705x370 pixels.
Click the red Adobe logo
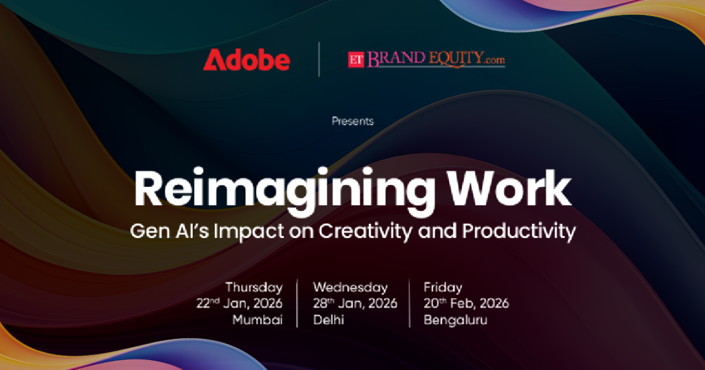pos(246,60)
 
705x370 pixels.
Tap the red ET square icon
pos(356,60)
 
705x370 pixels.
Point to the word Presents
pos(352,121)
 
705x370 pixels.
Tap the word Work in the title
pos(509,188)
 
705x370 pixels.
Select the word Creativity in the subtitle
pos(365,231)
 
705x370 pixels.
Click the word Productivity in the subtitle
pos(519,231)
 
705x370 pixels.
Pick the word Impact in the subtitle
pos(249,231)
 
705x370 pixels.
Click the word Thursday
pos(254,288)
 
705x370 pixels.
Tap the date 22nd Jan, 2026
pos(239,303)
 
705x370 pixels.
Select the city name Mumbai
pos(257,319)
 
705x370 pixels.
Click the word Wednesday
pos(350,288)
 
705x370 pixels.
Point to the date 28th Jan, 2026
pos(355,303)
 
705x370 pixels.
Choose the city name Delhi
pos(328,319)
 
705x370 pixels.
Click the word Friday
pos(443,288)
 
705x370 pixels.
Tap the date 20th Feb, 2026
pos(466,303)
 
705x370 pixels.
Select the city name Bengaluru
pos(455,320)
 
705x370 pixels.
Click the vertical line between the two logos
pos(319,59)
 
